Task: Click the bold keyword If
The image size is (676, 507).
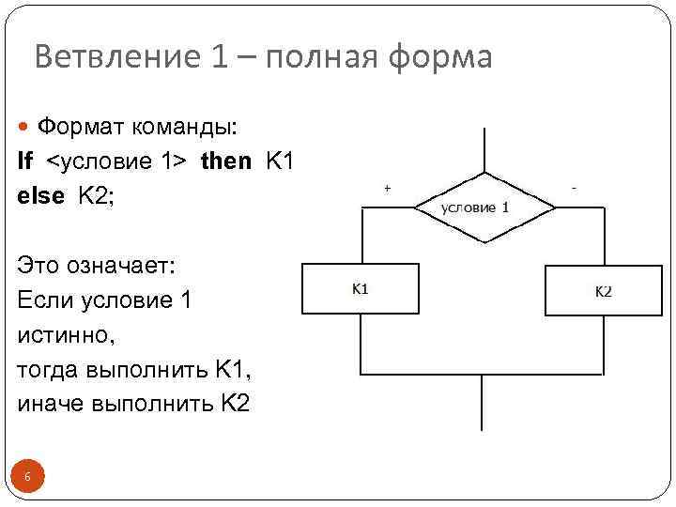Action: pos(24,161)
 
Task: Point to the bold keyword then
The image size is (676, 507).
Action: pos(226,161)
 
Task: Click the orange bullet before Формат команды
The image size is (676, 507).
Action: pos(24,125)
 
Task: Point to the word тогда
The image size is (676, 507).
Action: pos(48,370)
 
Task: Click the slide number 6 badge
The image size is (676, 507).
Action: pos(27,478)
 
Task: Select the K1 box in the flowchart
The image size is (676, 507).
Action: pos(361,288)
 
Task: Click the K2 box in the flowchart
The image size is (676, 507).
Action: pos(603,289)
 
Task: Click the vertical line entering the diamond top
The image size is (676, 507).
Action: pos(482,150)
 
